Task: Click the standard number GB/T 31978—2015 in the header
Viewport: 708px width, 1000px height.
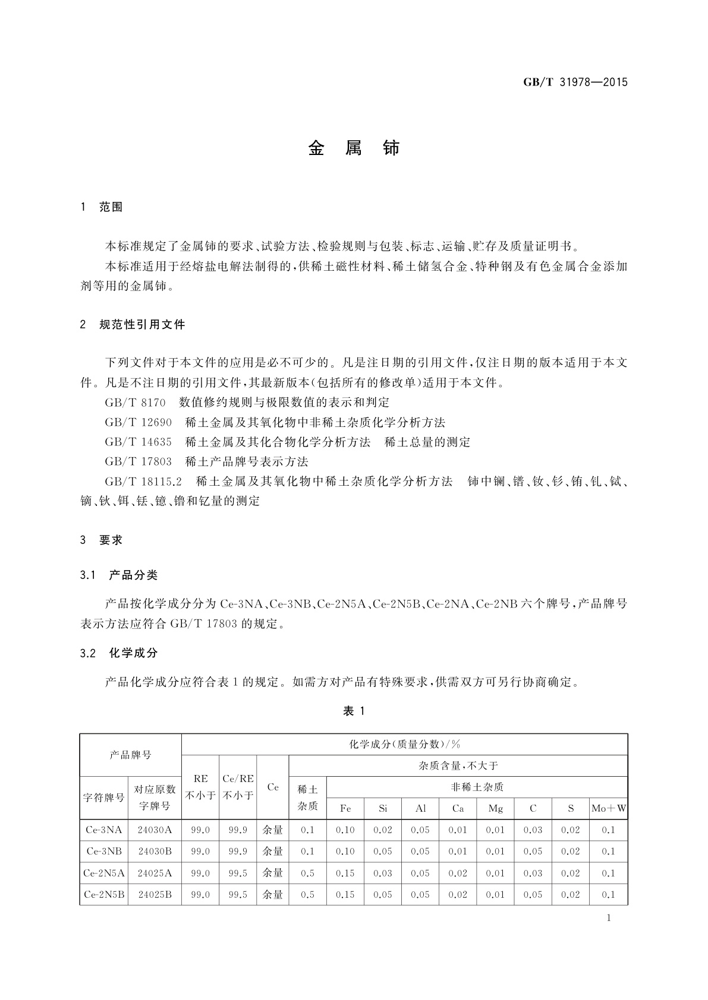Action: tap(575, 83)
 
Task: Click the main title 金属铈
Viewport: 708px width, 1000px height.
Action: tap(354, 148)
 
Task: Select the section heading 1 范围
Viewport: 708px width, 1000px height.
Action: tap(102, 207)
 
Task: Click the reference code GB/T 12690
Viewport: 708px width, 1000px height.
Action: tap(138, 422)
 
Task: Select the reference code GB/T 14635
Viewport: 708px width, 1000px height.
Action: tap(138, 442)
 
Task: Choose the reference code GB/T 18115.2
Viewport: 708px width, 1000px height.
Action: tap(143, 481)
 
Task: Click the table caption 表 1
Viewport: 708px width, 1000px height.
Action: tap(354, 711)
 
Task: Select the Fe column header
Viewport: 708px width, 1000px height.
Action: tap(345, 808)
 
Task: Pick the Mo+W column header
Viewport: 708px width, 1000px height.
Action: tap(609, 808)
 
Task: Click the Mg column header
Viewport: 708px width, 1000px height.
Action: tap(495, 808)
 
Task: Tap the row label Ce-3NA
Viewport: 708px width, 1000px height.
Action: tap(104, 830)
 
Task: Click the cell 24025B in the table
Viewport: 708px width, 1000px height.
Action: tap(155, 894)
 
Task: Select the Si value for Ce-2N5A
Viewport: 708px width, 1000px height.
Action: tap(382, 873)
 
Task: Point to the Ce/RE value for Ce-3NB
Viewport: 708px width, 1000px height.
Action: tap(238, 851)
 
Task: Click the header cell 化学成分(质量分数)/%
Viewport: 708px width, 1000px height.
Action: tap(404, 744)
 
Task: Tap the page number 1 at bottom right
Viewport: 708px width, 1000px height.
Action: tap(609, 918)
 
